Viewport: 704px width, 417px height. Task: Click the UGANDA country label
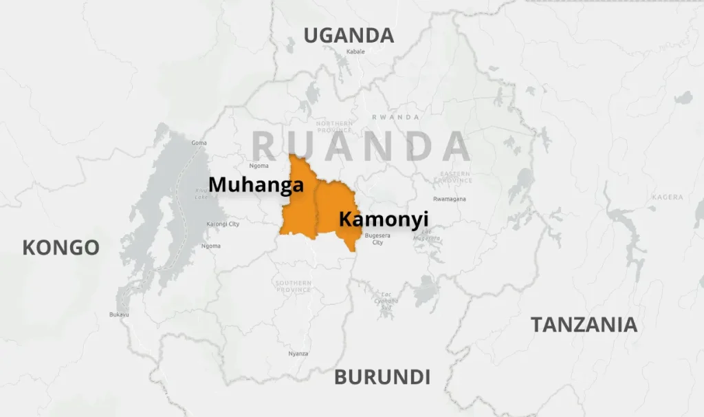[x=349, y=35]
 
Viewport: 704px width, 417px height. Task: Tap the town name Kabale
[x=355, y=52]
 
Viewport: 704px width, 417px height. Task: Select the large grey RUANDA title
[x=361, y=146]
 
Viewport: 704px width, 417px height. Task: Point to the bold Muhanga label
[x=256, y=184]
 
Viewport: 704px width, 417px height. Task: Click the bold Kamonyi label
[x=384, y=220]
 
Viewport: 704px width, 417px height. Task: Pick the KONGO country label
[x=60, y=248]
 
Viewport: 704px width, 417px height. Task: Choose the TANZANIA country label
[x=584, y=325]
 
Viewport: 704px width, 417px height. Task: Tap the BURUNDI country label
[x=382, y=377]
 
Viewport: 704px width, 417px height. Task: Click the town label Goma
[x=199, y=142]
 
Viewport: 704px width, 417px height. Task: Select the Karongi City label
[x=223, y=224]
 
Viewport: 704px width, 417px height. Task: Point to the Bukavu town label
[x=119, y=314]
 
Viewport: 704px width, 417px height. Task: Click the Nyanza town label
[x=298, y=354]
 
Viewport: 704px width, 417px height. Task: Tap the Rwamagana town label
[x=449, y=199]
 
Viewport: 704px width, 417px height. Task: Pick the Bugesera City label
[x=377, y=239]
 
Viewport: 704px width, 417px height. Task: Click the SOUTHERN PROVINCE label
[x=294, y=286]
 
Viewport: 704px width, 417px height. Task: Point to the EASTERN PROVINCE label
[x=455, y=177]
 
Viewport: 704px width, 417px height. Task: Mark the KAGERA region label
[x=667, y=197]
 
